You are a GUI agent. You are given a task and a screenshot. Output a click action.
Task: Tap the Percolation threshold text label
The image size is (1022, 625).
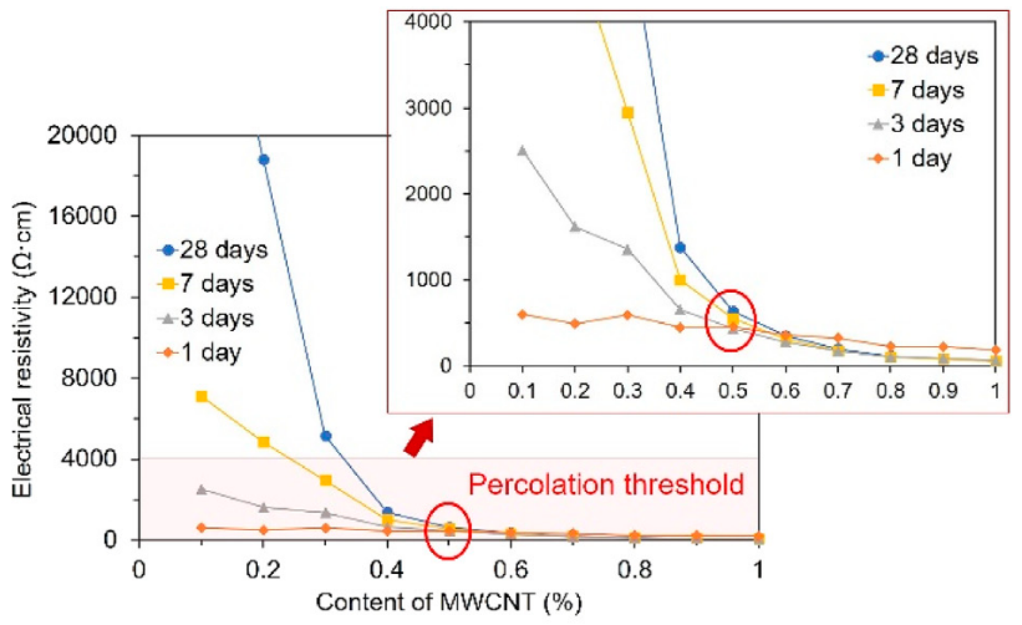pyautogui.click(x=606, y=484)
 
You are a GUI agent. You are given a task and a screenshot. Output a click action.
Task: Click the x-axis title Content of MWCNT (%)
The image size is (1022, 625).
pyautogui.click(x=449, y=602)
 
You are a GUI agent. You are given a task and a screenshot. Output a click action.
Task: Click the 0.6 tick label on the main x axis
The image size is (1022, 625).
pyautogui.click(x=511, y=570)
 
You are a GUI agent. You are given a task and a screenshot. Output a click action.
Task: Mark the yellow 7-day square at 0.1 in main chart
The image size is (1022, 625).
pyautogui.click(x=201, y=396)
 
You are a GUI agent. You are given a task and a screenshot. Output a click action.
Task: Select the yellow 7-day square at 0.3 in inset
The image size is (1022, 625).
pyautogui.click(x=628, y=113)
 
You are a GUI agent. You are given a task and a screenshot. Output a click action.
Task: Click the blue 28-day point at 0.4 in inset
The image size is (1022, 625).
pyautogui.click(x=680, y=248)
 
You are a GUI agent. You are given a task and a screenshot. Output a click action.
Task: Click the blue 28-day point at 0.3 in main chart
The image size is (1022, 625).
pyautogui.click(x=326, y=436)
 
